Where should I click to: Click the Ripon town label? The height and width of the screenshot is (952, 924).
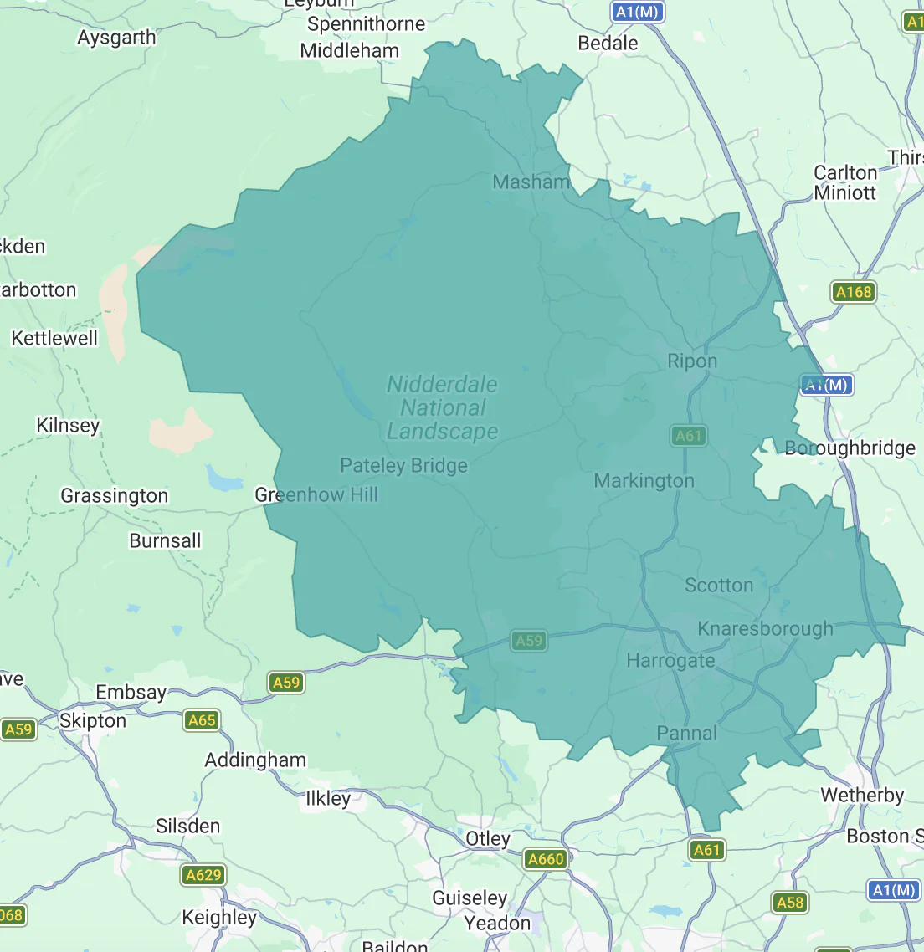coord(692,361)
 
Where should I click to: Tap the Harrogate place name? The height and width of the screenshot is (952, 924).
coord(670,661)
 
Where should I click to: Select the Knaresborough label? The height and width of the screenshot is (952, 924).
coord(765,629)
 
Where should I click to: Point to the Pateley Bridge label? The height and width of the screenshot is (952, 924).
coord(403,466)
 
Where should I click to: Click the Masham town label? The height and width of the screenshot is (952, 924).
coord(531,182)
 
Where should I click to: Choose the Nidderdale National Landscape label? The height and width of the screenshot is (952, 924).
coord(442,407)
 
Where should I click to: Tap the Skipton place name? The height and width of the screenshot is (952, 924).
coord(93,721)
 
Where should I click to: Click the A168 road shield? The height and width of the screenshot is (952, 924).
coord(853,292)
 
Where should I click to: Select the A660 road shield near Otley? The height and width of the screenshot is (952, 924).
coord(546,859)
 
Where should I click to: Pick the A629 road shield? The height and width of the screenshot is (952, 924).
coord(203,875)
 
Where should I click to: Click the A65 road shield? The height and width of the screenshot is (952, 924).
coord(202,720)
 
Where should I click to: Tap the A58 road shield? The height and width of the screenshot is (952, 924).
coord(789,902)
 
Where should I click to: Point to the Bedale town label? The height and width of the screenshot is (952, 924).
coord(608,44)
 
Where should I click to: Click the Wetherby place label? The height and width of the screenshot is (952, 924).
coord(862,795)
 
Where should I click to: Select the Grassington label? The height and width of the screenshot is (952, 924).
coord(114,496)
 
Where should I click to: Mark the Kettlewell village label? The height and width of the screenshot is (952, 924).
coord(54,339)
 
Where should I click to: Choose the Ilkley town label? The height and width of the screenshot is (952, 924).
coord(328,798)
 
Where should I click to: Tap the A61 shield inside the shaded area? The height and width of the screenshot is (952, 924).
coord(688,436)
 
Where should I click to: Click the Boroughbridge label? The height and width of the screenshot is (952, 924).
coord(850,448)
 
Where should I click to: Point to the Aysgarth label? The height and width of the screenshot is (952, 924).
coord(116,38)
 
